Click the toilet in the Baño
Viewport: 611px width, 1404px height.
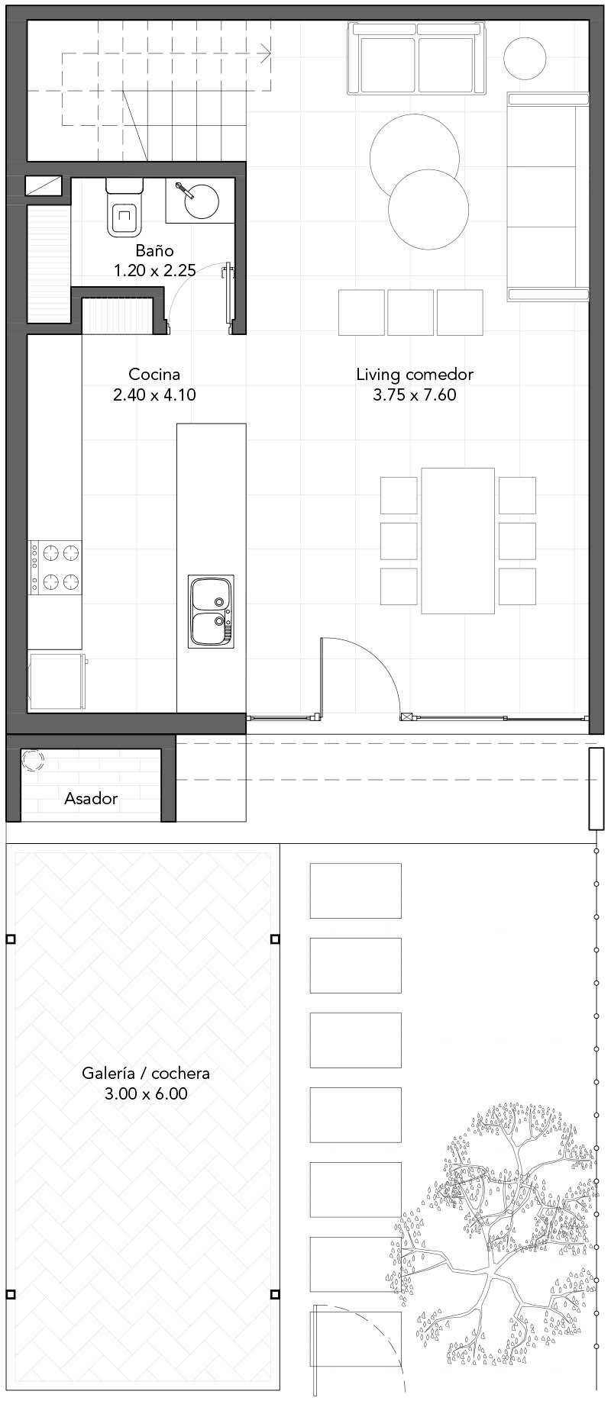point(124,206)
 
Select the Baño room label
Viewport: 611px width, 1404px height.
point(155,250)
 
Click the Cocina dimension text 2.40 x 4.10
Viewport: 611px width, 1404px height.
point(155,394)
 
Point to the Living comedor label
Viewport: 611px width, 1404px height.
point(415,375)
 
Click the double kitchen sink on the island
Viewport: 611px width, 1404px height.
point(211,612)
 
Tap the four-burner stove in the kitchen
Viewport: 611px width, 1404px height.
point(55,567)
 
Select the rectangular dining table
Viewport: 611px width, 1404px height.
point(458,540)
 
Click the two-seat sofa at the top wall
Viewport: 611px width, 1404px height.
point(416,59)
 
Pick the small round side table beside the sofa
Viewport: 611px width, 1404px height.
point(525,58)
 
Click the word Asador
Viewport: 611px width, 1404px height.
point(91,799)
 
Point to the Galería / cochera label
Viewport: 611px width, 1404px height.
point(146,1073)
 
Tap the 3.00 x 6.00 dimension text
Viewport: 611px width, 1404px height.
point(146,1093)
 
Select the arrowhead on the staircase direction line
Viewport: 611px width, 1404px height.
point(266,53)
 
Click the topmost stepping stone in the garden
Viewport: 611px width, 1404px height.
point(355,890)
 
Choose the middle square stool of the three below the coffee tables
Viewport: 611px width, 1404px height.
point(410,312)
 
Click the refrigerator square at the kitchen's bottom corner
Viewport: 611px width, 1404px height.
point(55,681)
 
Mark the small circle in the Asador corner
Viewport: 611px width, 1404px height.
point(32,760)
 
